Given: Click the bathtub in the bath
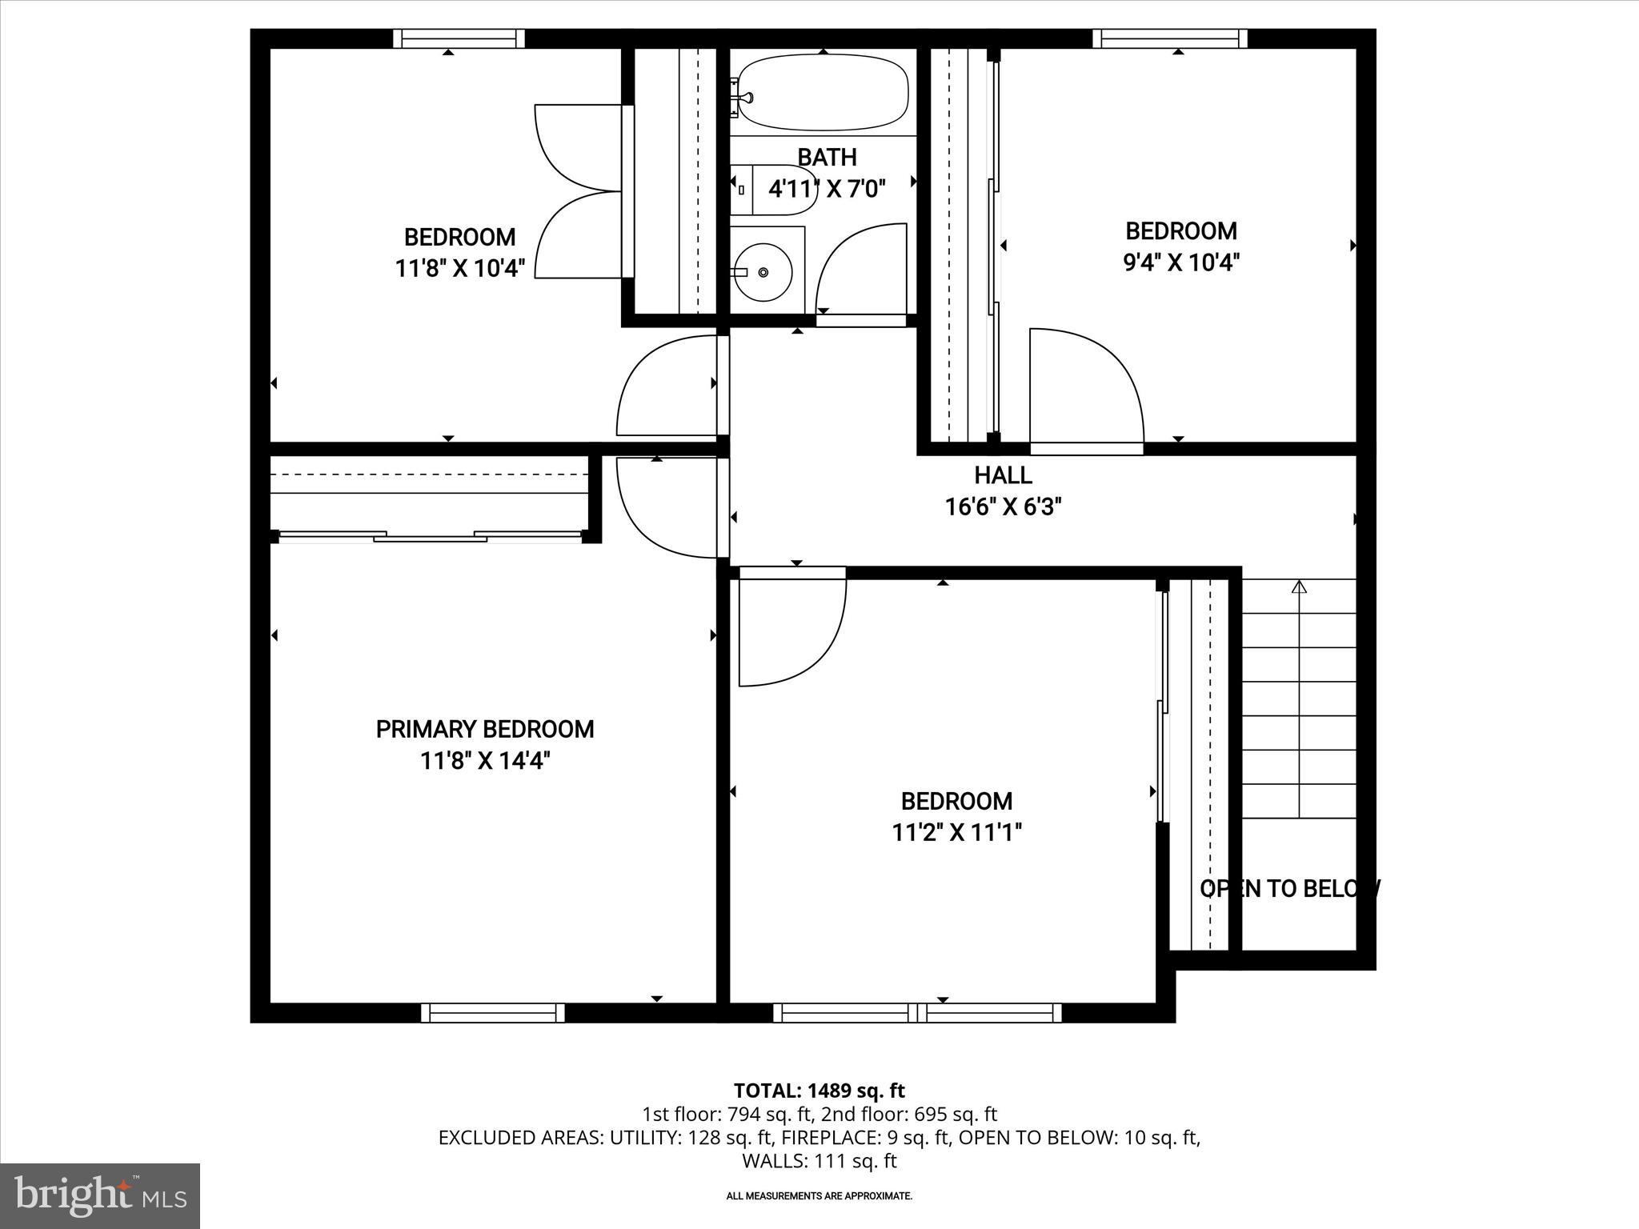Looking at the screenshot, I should (x=823, y=92).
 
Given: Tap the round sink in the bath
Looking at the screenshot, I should (x=763, y=272).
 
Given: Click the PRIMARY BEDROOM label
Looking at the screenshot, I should (x=485, y=729).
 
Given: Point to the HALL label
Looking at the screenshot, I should (x=1003, y=475).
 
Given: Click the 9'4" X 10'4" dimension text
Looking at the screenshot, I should (x=1181, y=262).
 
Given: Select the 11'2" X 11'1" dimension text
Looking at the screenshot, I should (x=957, y=833).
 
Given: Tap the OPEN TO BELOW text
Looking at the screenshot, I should (x=1290, y=889).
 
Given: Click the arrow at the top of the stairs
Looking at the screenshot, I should (x=1299, y=588).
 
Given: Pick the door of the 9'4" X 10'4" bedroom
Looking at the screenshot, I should (x=1087, y=388).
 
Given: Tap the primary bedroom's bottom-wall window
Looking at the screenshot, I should (x=493, y=1013).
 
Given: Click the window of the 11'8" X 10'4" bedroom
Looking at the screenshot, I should (x=459, y=38).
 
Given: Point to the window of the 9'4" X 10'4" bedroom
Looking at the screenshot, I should (x=1169, y=38).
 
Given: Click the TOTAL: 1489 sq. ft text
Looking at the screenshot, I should (x=819, y=1091).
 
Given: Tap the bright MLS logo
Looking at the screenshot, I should (x=100, y=1196).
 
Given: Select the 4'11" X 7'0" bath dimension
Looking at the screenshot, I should (x=827, y=190).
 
